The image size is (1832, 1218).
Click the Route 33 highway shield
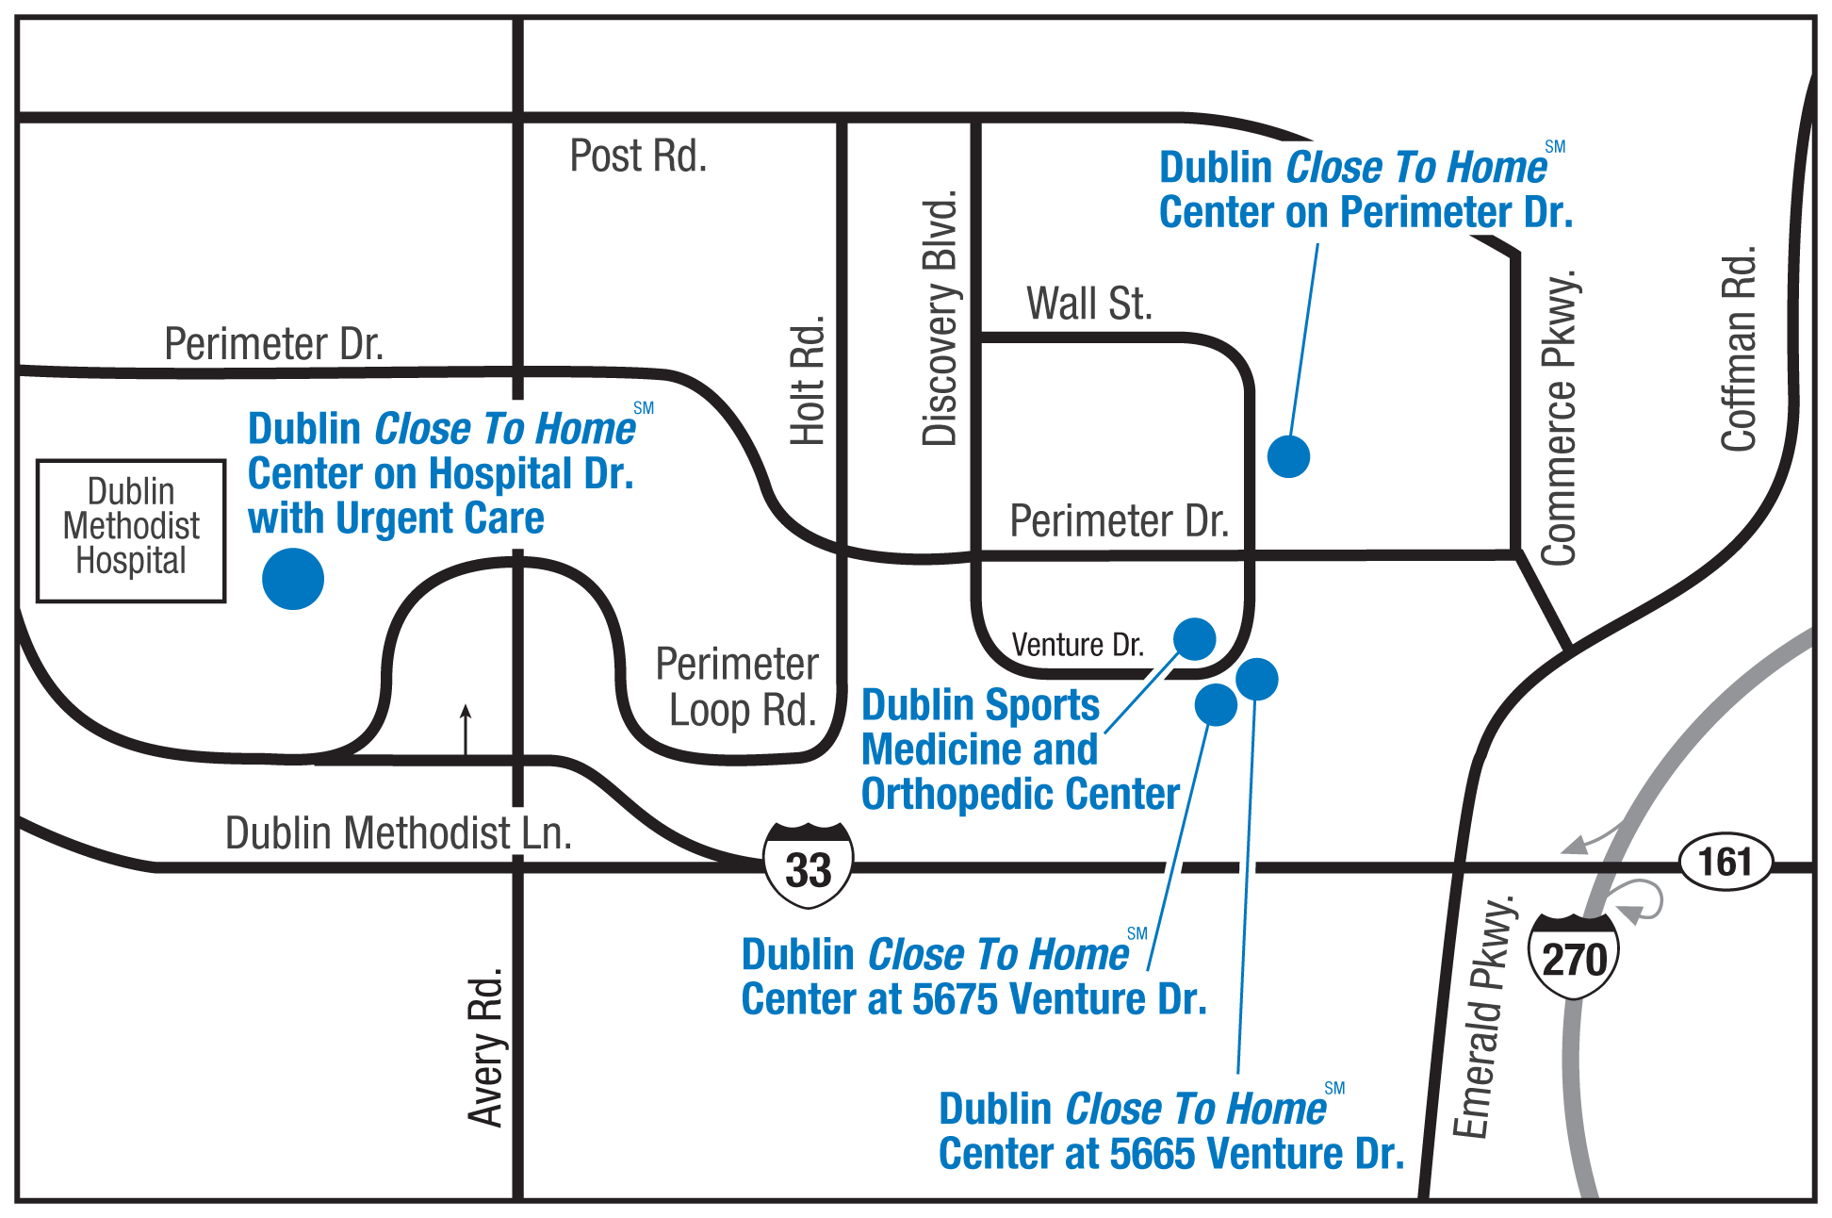coord(808,865)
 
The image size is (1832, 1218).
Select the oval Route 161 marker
coord(1725,862)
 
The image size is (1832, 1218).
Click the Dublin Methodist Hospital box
coord(131,530)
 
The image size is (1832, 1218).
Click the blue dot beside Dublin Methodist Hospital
coord(293,579)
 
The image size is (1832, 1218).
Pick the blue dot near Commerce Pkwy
coord(1288,456)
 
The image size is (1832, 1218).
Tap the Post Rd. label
coord(638,156)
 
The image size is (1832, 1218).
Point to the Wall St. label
coord(1088,304)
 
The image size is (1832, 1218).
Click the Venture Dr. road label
coord(1077,645)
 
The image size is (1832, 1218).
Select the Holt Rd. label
coord(808,381)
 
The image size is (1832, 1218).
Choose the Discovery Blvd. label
coord(940,319)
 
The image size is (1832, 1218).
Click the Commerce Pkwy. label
coord(1559,419)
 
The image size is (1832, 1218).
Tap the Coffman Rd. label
coord(1739,349)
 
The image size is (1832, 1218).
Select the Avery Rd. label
coord(486,1048)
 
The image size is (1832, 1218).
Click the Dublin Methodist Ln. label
coord(398,833)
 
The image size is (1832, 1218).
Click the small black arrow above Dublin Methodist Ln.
coord(466,728)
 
